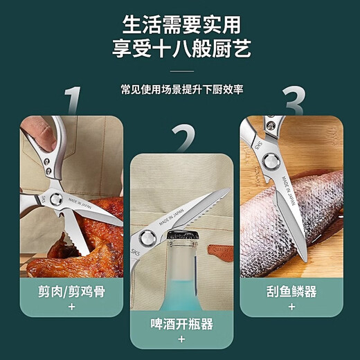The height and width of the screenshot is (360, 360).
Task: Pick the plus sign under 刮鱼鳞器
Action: (291, 305)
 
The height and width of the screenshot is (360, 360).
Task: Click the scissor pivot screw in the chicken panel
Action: (46, 167)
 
